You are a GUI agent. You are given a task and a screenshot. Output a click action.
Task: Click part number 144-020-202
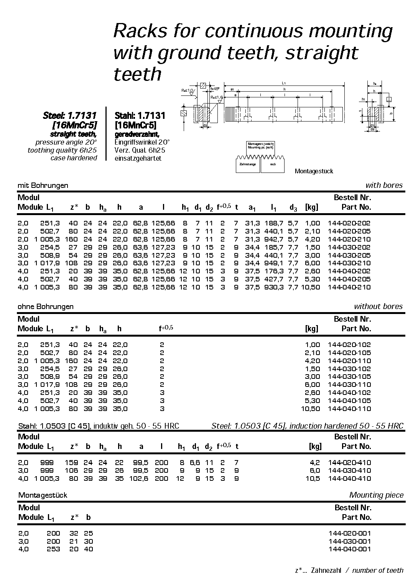pyautogui.click(x=349, y=223)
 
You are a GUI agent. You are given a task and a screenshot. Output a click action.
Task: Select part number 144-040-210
pyautogui.click(x=349, y=287)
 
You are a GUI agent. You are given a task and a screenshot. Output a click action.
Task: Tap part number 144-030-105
pyautogui.click(x=349, y=376)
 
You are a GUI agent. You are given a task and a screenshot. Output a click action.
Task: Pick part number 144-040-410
pyautogui.click(x=349, y=478)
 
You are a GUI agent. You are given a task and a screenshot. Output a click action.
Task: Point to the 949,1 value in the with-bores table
pyautogui.click(x=274, y=263)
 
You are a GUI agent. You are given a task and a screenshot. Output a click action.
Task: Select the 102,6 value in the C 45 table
pyautogui.click(x=141, y=478)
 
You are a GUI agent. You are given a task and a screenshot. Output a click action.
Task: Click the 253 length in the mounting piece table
pyautogui.click(x=53, y=549)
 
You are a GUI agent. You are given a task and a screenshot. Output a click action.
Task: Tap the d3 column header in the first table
pyautogui.click(x=293, y=207)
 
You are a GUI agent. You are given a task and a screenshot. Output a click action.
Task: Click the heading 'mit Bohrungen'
pyautogui.click(x=43, y=186)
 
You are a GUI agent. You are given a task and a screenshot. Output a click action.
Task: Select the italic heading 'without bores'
pyautogui.click(x=378, y=306)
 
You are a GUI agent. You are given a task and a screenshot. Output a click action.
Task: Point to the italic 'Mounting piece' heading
pyautogui.click(x=377, y=495)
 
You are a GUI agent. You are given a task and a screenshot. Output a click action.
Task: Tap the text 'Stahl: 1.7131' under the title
pyautogui.click(x=140, y=115)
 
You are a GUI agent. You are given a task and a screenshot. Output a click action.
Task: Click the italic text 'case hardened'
pyautogui.click(x=74, y=158)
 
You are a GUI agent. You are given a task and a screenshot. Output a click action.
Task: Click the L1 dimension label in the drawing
pyautogui.click(x=283, y=83)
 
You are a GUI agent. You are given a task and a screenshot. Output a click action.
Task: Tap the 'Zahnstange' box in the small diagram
pyautogui.click(x=247, y=164)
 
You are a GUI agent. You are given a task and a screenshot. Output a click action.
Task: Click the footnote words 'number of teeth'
pyautogui.click(x=377, y=570)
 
